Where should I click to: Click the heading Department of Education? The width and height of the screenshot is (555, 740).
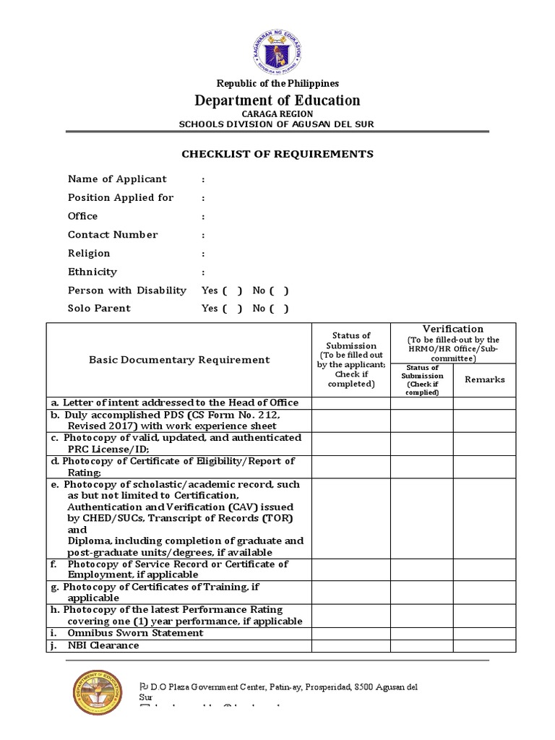[277, 100]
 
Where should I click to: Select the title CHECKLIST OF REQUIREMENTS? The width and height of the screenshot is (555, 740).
[277, 154]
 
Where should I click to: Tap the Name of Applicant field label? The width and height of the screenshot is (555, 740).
[117, 179]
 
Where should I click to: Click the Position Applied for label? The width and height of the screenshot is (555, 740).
[121, 197]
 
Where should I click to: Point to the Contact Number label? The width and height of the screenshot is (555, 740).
[113, 235]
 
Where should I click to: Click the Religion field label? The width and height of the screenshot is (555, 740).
[89, 254]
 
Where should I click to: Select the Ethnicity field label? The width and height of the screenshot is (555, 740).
[92, 272]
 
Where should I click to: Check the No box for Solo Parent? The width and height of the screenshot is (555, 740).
[280, 309]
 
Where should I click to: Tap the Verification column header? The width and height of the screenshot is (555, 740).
[453, 329]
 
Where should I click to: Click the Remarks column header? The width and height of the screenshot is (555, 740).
[484, 379]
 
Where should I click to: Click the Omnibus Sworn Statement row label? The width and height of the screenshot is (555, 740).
[135, 633]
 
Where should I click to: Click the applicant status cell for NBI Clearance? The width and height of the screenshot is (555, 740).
[350, 645]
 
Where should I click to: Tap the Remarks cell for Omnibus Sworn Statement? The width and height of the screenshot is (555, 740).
[484, 633]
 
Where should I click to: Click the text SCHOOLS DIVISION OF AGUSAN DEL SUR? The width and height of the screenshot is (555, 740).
[277, 124]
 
